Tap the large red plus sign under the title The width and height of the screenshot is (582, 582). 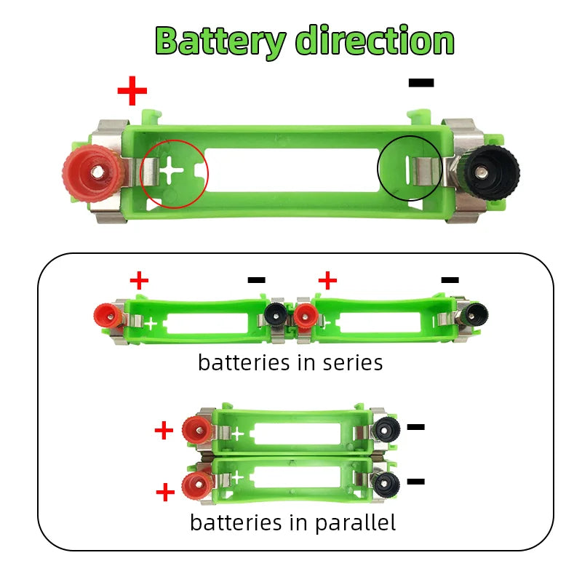tap(132, 91)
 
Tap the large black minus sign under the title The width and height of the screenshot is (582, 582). tap(421, 83)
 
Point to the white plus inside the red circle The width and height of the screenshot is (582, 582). tap(172, 172)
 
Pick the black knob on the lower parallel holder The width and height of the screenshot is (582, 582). tap(384, 483)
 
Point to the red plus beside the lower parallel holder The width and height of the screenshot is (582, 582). tap(166, 493)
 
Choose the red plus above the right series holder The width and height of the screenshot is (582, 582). tap(327, 279)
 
